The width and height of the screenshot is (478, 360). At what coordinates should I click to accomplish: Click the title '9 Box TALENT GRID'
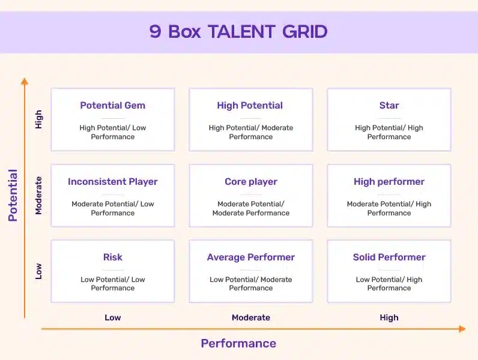pos(238,32)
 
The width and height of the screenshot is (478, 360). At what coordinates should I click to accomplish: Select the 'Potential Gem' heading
pos(112,106)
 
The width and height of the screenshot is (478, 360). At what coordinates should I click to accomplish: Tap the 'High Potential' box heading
pos(250,106)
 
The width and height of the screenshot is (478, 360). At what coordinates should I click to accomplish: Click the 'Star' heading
pos(389,106)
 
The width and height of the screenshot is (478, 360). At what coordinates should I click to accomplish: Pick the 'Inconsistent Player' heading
pos(112,182)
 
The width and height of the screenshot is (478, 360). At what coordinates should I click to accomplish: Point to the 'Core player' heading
pos(251,182)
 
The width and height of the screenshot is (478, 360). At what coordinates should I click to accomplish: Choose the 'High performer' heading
pos(389,182)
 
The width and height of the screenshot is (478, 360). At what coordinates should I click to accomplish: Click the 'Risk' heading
pos(112,257)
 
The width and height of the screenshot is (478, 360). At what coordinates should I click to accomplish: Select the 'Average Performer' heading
pos(251,257)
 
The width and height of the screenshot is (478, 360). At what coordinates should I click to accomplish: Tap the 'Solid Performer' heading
pos(389,257)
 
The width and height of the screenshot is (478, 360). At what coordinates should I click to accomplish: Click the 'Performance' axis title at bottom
pos(238,343)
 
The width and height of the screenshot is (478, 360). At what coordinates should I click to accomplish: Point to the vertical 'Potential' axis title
pos(13,195)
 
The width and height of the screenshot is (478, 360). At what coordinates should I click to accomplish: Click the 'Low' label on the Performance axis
pos(112,317)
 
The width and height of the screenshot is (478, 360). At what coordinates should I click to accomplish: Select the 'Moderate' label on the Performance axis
pos(251,317)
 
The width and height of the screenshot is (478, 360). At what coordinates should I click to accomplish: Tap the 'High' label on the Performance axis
pos(389,317)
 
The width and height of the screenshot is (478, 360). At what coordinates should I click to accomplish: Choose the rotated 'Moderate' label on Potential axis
pos(38,196)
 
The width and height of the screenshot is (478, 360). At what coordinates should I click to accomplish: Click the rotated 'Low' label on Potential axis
pos(38,271)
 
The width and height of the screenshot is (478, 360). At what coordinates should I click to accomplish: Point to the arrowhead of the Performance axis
pos(462,329)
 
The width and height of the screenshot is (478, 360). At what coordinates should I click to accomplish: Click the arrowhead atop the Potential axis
pos(25,81)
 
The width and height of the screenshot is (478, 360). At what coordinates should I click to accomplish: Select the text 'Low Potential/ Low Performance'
pos(112,284)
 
